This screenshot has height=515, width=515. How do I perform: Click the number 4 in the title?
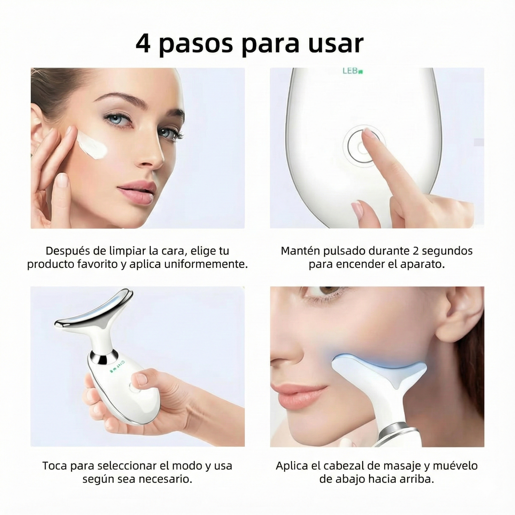click(x=143, y=44)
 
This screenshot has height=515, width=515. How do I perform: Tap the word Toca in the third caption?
click(x=55, y=465)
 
